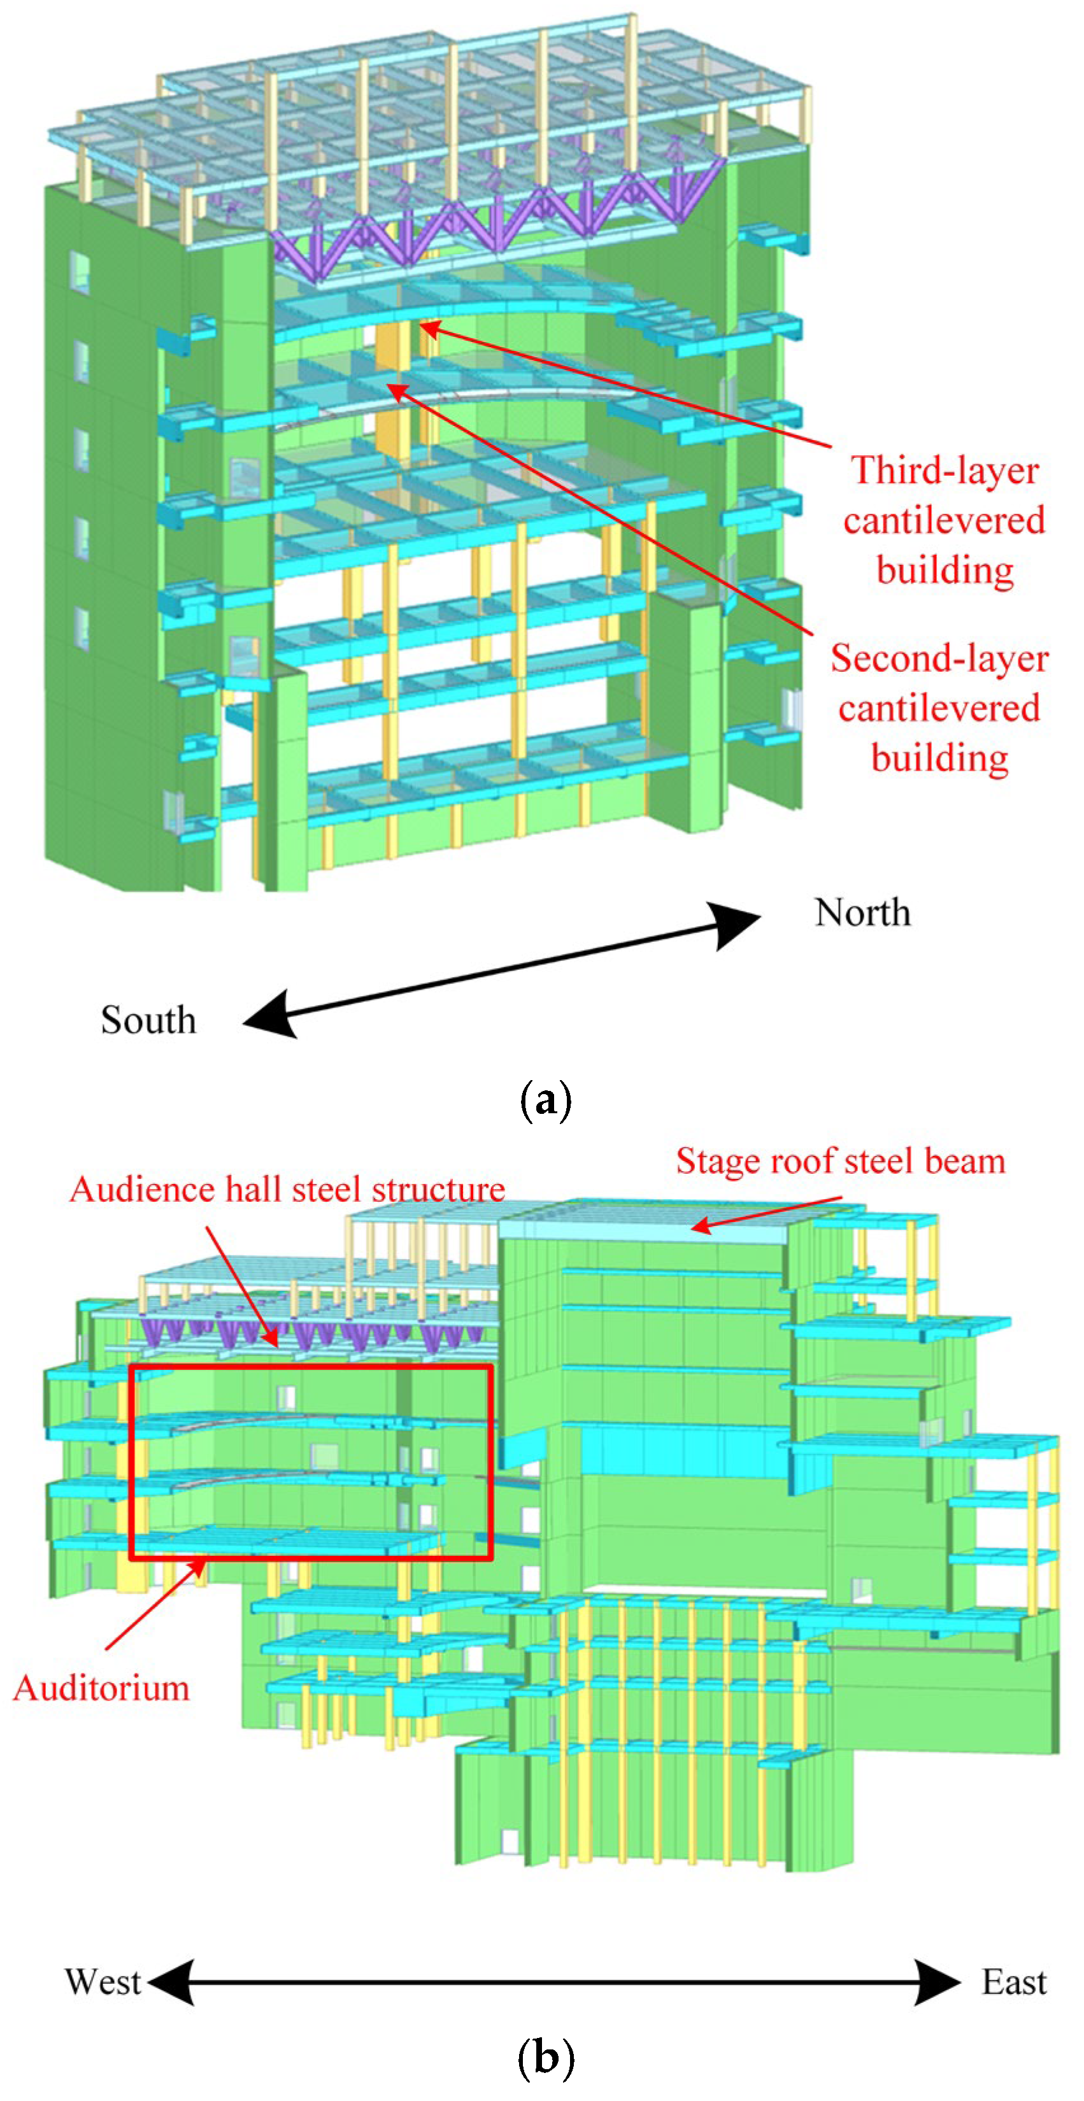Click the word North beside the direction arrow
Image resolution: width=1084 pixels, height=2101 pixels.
pos(862,913)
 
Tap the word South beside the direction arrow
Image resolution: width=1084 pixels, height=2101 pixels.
pos(148,1020)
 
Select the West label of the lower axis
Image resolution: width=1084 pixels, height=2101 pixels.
pos(103,1982)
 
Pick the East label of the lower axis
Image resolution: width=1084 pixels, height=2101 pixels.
pos(1013,1982)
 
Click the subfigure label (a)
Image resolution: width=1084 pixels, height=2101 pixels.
pos(545,1101)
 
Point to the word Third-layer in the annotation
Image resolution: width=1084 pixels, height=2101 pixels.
pos(945,471)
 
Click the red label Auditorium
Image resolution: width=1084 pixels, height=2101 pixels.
pos(101,1688)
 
